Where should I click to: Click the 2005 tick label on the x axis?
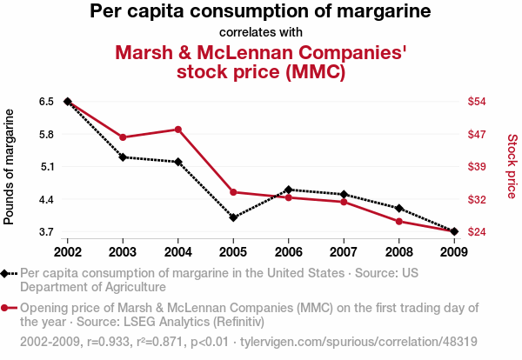pos(233,251)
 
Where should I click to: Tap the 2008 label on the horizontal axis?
pos(399,251)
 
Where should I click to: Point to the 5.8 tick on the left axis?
pos(46,134)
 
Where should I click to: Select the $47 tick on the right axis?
pos(477,134)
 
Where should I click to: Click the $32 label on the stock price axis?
pos(477,199)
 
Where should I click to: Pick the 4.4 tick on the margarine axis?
pos(46,199)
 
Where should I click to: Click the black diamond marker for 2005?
pos(233,217)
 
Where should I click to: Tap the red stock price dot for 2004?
pos(178,130)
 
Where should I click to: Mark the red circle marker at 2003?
pos(123,137)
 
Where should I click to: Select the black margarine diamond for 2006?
pos(289,190)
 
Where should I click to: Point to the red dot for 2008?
pos(399,222)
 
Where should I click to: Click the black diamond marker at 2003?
pos(123,157)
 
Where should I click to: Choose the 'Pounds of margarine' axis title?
pos(10,166)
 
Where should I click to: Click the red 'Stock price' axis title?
pos(512,165)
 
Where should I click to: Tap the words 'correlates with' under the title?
pos(261,32)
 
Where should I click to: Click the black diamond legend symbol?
pos(6,273)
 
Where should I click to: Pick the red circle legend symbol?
pos(6,308)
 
